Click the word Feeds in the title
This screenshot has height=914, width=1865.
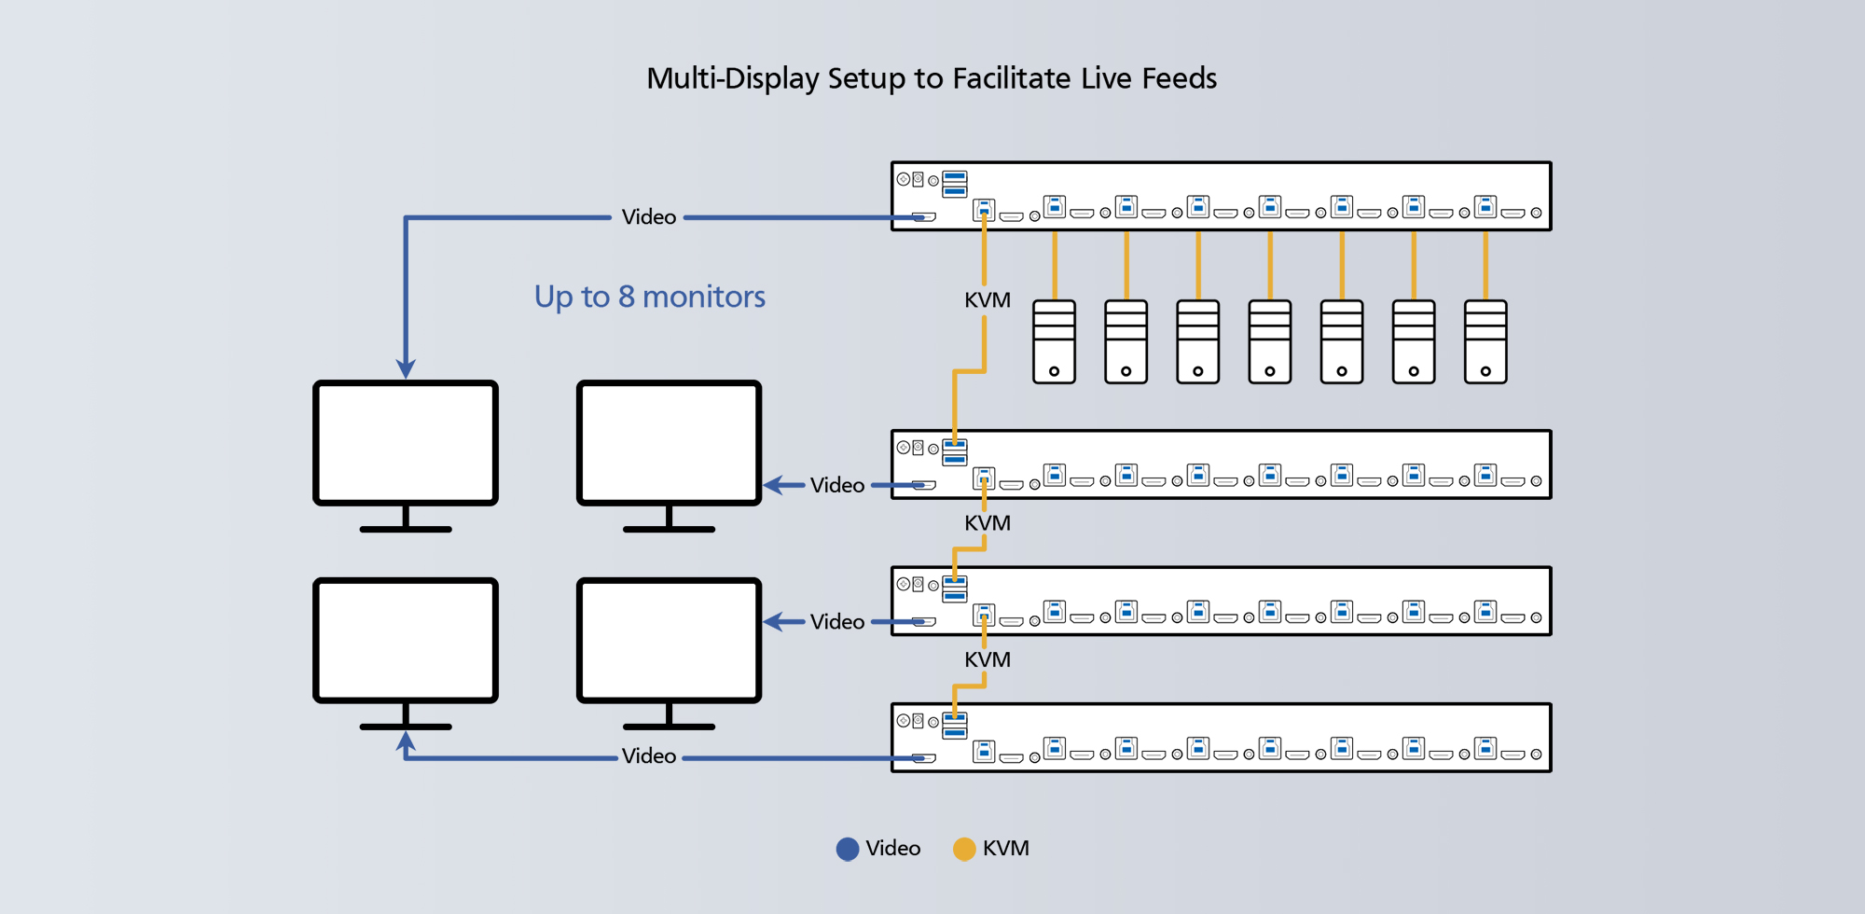(x=1179, y=78)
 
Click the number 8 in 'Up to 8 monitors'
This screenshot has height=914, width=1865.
(x=626, y=297)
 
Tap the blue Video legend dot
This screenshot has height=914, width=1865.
(x=847, y=849)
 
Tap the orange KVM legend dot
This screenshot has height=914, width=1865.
(x=963, y=849)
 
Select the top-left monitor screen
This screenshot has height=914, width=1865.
(x=405, y=443)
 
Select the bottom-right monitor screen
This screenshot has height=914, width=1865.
(x=669, y=641)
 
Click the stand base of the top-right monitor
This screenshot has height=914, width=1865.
(x=669, y=529)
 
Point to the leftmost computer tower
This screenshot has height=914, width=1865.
(x=1054, y=341)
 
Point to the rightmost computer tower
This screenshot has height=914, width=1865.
(x=1485, y=341)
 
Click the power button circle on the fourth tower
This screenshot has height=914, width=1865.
(x=1270, y=371)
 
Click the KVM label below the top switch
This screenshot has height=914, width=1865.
(x=987, y=300)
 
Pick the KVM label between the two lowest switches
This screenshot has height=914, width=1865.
(x=987, y=659)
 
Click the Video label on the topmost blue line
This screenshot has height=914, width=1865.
(x=648, y=217)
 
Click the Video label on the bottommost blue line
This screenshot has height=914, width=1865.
(x=648, y=756)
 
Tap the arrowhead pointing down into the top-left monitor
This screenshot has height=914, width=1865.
(x=406, y=369)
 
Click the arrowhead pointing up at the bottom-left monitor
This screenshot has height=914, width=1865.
(x=406, y=741)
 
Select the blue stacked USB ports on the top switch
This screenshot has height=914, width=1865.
(x=954, y=184)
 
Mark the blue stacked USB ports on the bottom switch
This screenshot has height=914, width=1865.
(x=954, y=726)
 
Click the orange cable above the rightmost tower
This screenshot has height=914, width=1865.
(x=1485, y=266)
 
